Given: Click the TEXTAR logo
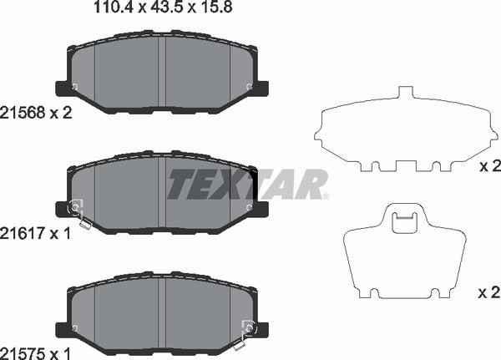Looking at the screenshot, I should pyautogui.click(x=247, y=185).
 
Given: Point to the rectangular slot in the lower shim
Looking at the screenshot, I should pyautogui.click(x=404, y=221).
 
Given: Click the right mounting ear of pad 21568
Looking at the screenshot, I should pyautogui.click(x=261, y=87).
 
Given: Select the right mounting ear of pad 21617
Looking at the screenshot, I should pyautogui.click(x=261, y=207).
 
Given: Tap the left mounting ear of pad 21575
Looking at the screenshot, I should pyautogui.click(x=62, y=327).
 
